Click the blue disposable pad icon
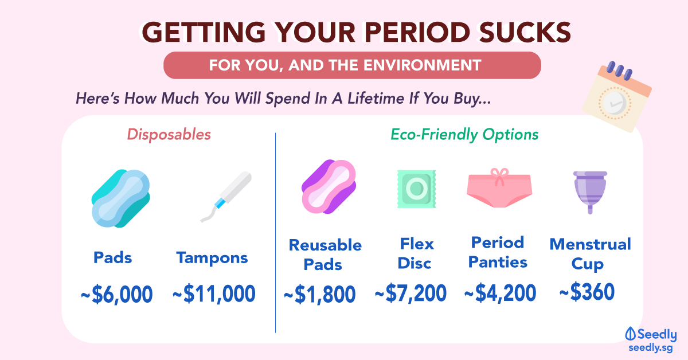pyautogui.click(x=121, y=198)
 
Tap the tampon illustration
pyautogui.click(x=226, y=197)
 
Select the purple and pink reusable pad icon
pyautogui.click(x=329, y=187)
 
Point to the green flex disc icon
pyautogui.click(x=416, y=189)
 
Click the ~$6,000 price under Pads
pyautogui.click(x=117, y=294)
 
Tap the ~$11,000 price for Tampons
pyautogui.click(x=214, y=294)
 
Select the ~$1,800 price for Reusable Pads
pyautogui.click(x=320, y=294)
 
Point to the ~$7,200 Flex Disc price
pyautogui.click(x=411, y=293)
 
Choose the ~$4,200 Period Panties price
pyautogui.click(x=501, y=293)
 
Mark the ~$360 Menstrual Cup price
pyautogui.click(x=587, y=292)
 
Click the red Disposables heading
pyautogui.click(x=169, y=135)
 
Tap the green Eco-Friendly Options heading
pyautogui.click(x=464, y=135)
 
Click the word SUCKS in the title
pyautogui.click(x=525, y=32)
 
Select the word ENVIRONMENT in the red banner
pyautogui.click(x=423, y=65)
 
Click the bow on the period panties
pyautogui.click(x=499, y=177)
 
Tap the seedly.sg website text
pyautogui.click(x=651, y=348)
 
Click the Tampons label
pyautogui.click(x=212, y=258)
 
